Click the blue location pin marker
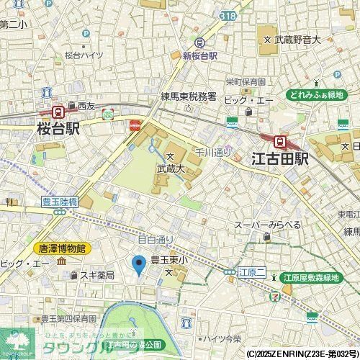[140, 264]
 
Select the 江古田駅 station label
[279, 158]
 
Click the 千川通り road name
[213, 152]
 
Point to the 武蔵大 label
[171, 168]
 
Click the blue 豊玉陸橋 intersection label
[55, 203]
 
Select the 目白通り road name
[156, 239]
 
